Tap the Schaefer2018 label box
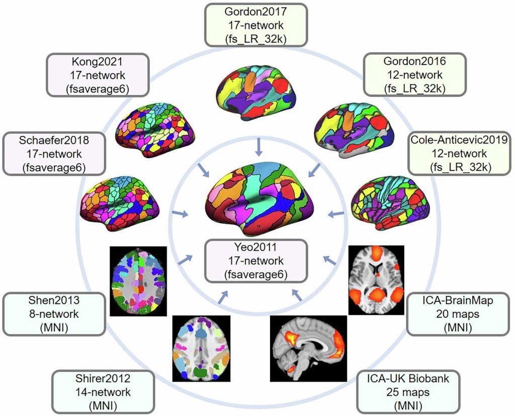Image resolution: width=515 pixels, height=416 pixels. click(54, 152)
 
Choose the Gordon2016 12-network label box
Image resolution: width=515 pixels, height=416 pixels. click(415, 75)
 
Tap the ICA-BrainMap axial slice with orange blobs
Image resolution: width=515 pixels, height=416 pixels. click(376, 281)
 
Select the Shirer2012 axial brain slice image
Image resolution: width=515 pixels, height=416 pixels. click(201, 348)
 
